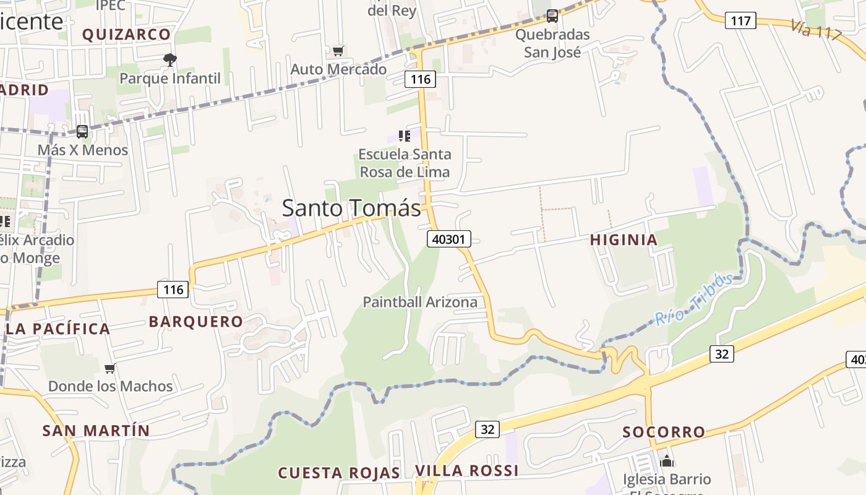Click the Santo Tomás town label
[x=351, y=208]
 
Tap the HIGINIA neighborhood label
[x=624, y=239]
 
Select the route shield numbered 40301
[x=448, y=239]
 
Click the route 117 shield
[x=740, y=20]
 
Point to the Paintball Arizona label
[x=420, y=302]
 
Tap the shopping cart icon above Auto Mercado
[x=338, y=51]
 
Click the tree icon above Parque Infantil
[x=169, y=60]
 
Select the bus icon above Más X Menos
[x=82, y=132]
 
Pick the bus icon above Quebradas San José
[x=552, y=16]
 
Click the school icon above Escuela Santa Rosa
[x=405, y=136]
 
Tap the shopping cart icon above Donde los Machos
[x=110, y=369]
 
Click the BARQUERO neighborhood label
[x=195, y=321]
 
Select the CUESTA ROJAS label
[x=339, y=473]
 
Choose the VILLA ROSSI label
[x=466, y=470]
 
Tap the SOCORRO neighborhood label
[x=664, y=432]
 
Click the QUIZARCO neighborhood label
[x=126, y=35]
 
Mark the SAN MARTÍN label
[x=96, y=430]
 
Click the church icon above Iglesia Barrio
[x=666, y=461]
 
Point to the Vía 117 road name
[x=816, y=30]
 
